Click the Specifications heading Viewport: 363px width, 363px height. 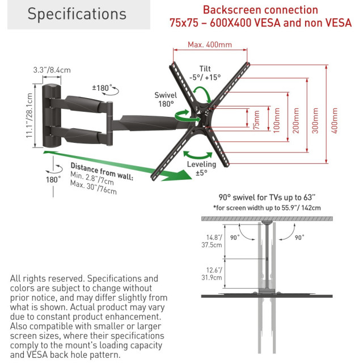(77, 14)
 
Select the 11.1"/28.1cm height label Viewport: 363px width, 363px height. (37, 115)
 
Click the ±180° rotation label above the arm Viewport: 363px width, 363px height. (102, 88)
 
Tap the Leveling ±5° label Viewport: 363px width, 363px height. (201, 168)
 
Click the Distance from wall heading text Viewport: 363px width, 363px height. (102, 171)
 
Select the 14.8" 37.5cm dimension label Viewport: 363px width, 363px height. (214, 242)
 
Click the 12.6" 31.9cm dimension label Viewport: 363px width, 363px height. (214, 273)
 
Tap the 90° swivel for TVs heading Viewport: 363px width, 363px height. (267, 198)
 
